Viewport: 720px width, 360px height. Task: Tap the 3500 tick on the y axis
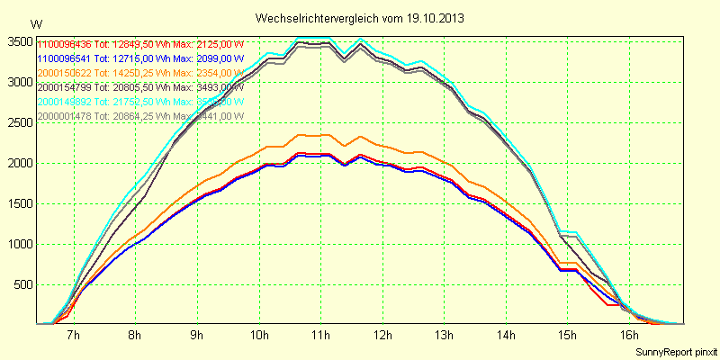(x=20, y=41)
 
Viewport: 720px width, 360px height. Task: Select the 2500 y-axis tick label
(x=20, y=122)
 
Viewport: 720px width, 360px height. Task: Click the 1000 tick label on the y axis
(x=20, y=244)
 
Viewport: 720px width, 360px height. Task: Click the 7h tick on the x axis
(x=73, y=336)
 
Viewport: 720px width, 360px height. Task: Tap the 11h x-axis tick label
(x=321, y=336)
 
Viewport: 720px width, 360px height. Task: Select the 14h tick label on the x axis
(x=507, y=336)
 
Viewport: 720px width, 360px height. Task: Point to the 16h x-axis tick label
(x=630, y=336)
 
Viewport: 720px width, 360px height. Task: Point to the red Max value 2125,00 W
(x=220, y=44)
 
